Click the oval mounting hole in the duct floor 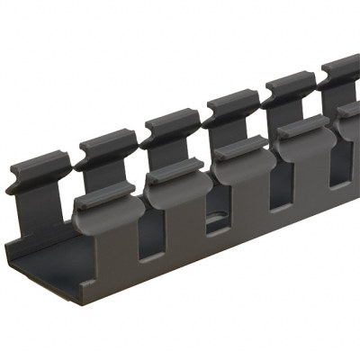pos(216,219)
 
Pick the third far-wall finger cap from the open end pos(171,121)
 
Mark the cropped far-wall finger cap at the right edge pos(342,68)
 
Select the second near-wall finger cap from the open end pos(176,171)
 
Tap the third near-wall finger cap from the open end pos(241,147)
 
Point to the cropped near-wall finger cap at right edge pos(349,110)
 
